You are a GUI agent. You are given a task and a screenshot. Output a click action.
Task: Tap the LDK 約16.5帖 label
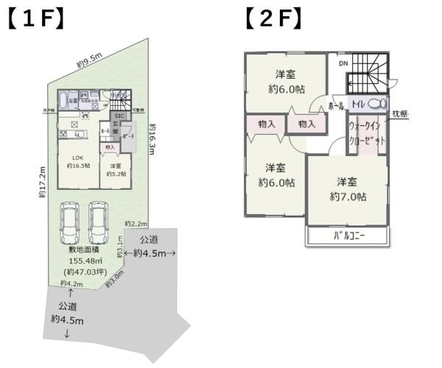pos(78,161)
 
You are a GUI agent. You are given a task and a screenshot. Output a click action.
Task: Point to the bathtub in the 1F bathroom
pos(64,98)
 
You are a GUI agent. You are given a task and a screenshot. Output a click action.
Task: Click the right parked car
pos(100,224)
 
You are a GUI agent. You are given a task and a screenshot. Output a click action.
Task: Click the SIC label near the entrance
pos(118,116)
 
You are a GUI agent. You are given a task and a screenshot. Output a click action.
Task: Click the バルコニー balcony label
pos(348,236)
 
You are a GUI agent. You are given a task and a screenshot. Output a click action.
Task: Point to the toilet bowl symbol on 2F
pos(376,104)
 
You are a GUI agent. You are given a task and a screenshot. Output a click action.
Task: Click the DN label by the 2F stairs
pos(343,63)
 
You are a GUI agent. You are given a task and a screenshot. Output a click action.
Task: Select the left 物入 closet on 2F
pos(267,124)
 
